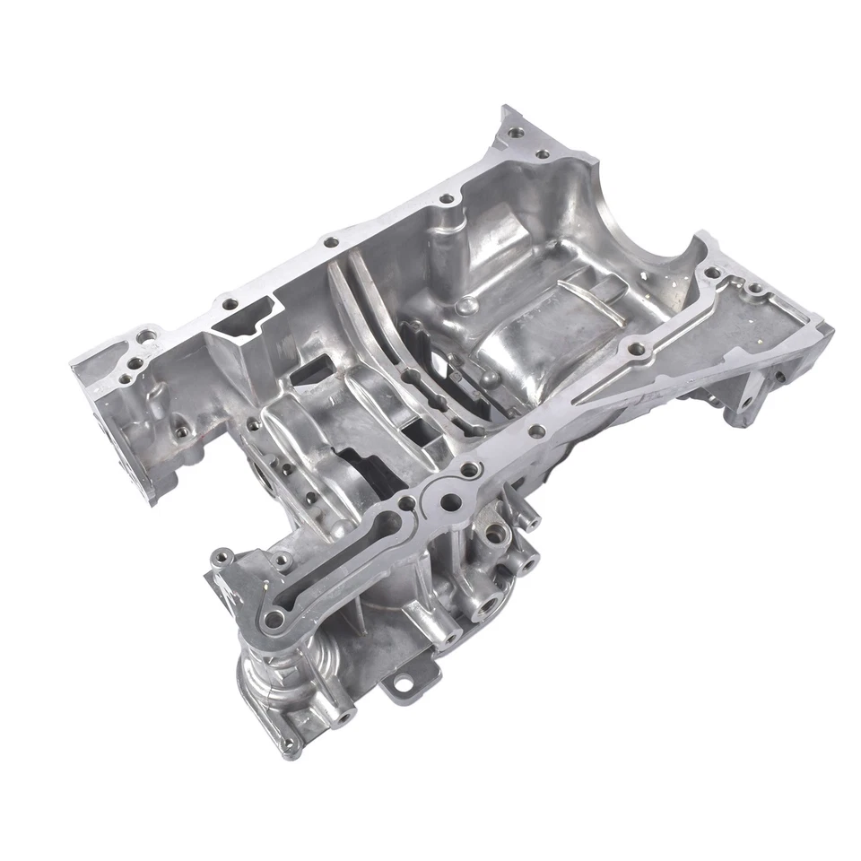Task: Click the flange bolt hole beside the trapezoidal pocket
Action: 230,303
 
